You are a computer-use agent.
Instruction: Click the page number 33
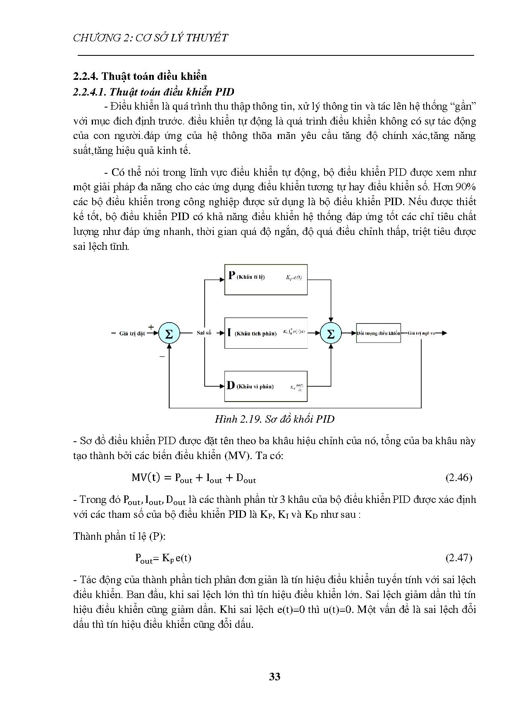[x=274, y=677]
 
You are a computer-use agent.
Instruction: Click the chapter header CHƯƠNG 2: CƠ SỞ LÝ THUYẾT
[x=150, y=38]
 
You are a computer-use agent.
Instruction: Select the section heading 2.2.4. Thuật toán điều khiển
[x=140, y=76]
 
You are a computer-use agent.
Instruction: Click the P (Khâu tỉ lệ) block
[x=266, y=279]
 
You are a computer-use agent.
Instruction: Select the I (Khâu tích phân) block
[x=266, y=333]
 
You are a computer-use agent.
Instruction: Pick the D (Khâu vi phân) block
[x=266, y=386]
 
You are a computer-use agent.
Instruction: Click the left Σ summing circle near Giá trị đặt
[x=169, y=333]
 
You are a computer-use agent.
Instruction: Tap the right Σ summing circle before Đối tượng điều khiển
[x=331, y=333]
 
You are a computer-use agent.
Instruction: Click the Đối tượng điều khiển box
[x=378, y=333]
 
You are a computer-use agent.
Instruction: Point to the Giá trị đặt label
[x=132, y=334]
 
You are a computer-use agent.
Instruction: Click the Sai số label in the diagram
[x=204, y=333]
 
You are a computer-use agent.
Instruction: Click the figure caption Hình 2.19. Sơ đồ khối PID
[x=274, y=419]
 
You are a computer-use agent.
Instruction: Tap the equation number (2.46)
[x=459, y=478]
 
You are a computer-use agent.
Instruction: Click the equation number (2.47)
[x=459, y=558]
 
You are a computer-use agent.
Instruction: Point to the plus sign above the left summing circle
[x=151, y=327]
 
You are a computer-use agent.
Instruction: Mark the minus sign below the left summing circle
[x=162, y=356]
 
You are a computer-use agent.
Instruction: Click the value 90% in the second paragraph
[x=465, y=187]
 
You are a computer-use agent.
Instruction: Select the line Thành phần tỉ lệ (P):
[x=119, y=536]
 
